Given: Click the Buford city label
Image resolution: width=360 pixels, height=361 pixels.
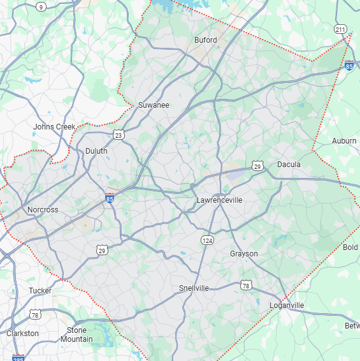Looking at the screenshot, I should pyautogui.click(x=205, y=40).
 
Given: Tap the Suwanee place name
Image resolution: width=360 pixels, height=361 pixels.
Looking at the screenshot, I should pyautogui.click(x=154, y=105).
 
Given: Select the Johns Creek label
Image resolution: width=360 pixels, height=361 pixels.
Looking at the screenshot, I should pyautogui.click(x=54, y=127).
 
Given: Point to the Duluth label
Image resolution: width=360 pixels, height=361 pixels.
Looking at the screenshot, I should pyautogui.click(x=96, y=151).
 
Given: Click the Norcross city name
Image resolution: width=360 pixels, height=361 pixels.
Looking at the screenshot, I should pyautogui.click(x=43, y=210).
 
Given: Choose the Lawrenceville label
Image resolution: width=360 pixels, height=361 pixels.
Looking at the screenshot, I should pyautogui.click(x=219, y=200).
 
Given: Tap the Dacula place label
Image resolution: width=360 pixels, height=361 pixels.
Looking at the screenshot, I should pyautogui.click(x=289, y=165).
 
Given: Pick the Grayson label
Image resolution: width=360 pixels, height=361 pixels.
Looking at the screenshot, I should pyautogui.click(x=244, y=254).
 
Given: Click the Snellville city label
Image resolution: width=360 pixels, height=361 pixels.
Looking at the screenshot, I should pyautogui.click(x=194, y=288).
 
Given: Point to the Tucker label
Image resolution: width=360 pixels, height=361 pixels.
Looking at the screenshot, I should pyautogui.click(x=40, y=291).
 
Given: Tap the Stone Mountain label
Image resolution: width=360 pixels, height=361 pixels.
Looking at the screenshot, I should pyautogui.click(x=76, y=335).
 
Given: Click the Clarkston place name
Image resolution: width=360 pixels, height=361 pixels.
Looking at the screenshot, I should pyautogui.click(x=22, y=334).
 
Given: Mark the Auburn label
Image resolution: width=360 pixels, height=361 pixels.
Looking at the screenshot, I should pyautogui.click(x=344, y=141).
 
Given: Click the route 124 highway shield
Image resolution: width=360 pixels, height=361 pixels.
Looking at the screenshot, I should pyautogui.click(x=207, y=240).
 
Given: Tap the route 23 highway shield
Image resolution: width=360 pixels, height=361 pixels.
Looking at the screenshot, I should pyautogui.click(x=118, y=134).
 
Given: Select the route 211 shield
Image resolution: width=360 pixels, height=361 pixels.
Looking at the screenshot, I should pyautogui.click(x=341, y=29).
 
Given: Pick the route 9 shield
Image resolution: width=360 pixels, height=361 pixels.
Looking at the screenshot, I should pyautogui.click(x=41, y=7).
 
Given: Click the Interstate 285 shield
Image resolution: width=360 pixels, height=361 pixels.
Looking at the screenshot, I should pyautogui.click(x=18, y=357).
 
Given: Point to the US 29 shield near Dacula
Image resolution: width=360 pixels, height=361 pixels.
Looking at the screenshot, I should pyautogui.click(x=257, y=166).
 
